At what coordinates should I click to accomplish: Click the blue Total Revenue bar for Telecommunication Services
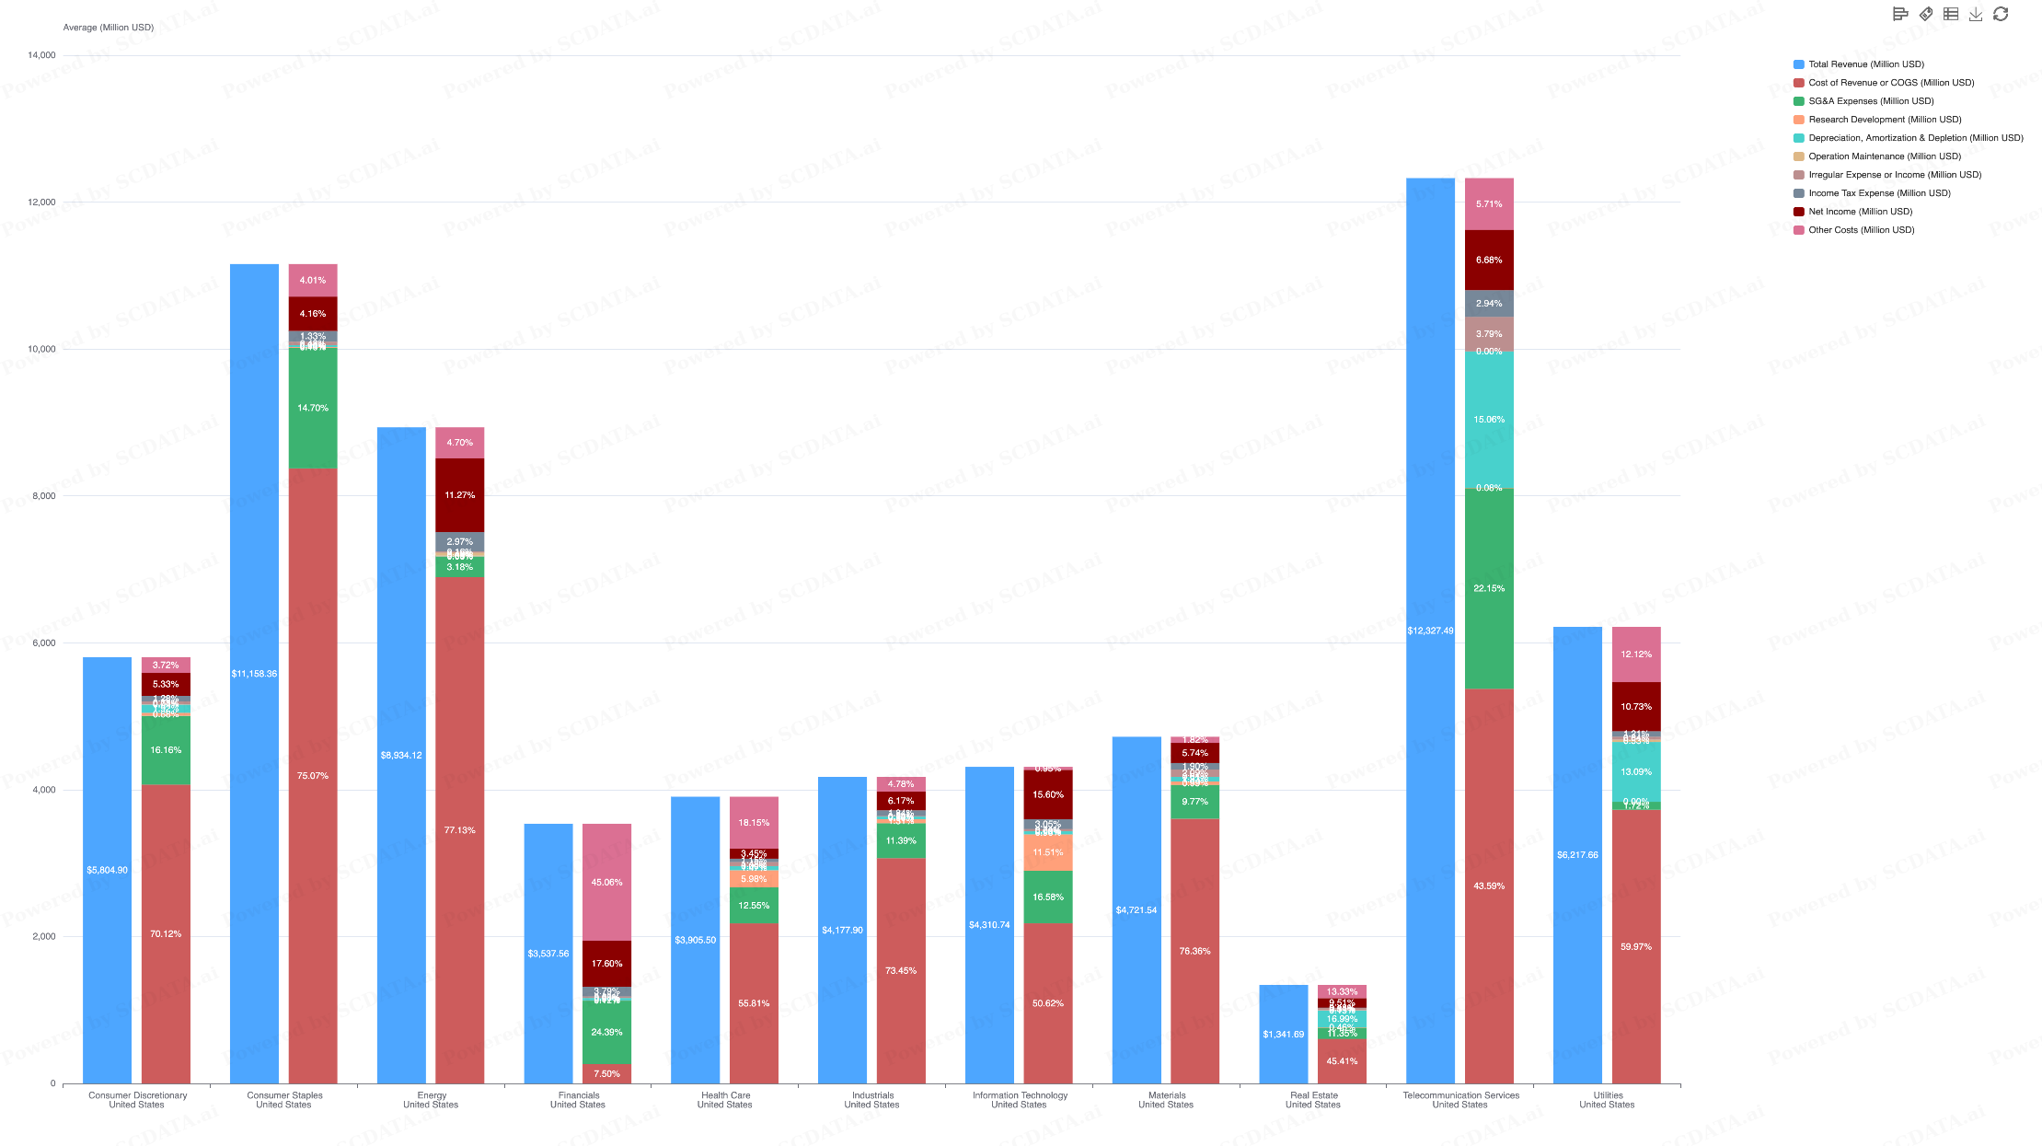pos(1430,631)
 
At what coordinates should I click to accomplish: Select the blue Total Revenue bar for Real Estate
pos(1283,1034)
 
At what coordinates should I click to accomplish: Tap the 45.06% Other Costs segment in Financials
pos(606,882)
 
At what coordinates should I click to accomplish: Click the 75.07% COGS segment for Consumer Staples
pos(313,775)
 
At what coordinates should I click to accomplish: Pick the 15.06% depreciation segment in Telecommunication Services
pos(1489,419)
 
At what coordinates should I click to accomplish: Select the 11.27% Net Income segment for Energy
pos(459,495)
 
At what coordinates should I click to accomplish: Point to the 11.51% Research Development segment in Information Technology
pos(1047,852)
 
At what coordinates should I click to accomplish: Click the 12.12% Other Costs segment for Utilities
pos(1635,654)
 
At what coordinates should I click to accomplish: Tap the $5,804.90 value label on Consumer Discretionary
pos(107,870)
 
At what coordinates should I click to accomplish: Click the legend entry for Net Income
pos(1859,212)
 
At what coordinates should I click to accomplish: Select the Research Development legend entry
pos(1884,120)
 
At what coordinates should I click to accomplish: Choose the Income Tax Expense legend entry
pos(1878,193)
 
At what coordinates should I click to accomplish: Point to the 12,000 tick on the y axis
pos(41,203)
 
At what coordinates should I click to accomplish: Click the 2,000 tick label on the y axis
pos(43,937)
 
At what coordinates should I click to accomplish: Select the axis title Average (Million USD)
pos(108,28)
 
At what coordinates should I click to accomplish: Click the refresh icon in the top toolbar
pos(2001,14)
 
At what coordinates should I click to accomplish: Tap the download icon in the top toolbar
pos(1976,14)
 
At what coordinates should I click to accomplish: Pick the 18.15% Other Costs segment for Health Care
pos(754,823)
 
